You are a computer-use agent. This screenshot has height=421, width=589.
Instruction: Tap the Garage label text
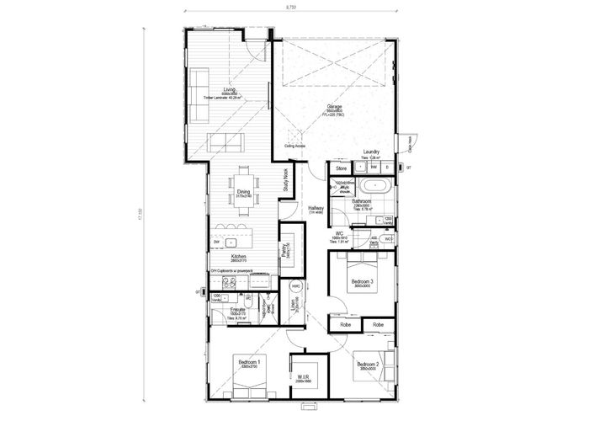point(334,107)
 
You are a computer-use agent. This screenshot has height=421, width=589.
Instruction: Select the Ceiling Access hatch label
point(295,145)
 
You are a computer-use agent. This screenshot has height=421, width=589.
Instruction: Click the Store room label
point(342,168)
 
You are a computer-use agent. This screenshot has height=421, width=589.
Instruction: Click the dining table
point(243,188)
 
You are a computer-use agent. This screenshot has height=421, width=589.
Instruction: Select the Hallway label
point(316,208)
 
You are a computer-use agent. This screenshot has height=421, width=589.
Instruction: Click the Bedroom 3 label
point(362,281)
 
